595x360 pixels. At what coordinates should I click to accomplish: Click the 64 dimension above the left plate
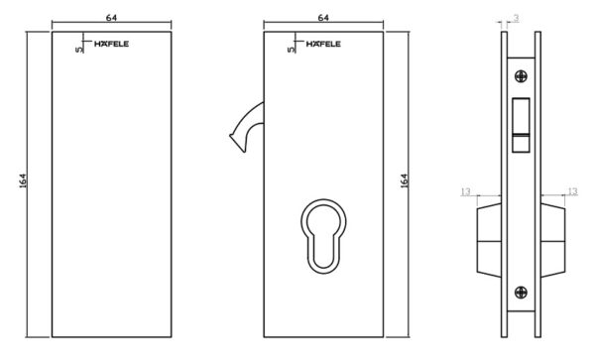(x=111, y=18)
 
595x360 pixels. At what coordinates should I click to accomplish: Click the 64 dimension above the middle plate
(x=323, y=18)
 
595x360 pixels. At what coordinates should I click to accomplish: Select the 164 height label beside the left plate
(x=23, y=180)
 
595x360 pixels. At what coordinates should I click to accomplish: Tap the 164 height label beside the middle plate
(x=404, y=180)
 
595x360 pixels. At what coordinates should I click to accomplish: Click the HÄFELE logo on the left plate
(x=111, y=44)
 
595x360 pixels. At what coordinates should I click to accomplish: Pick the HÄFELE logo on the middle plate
(x=323, y=44)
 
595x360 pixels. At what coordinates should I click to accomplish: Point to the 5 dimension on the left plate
(x=78, y=50)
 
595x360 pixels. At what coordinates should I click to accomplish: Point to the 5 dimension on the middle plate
(x=291, y=50)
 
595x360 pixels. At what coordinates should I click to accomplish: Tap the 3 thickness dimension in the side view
(x=516, y=18)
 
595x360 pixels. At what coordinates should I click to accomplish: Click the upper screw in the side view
(x=521, y=76)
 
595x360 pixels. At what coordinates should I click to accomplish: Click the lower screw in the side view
(x=521, y=293)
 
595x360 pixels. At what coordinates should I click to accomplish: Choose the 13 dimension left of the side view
(x=466, y=191)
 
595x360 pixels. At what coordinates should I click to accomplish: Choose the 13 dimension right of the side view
(x=572, y=191)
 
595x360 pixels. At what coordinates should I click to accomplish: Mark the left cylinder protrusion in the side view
(x=489, y=241)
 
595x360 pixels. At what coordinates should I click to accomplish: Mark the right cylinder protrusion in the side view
(x=553, y=241)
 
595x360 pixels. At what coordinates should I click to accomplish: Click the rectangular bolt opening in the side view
(x=521, y=125)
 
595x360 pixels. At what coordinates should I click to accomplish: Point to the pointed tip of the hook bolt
(x=230, y=136)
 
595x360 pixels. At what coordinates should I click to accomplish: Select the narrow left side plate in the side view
(x=505, y=184)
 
